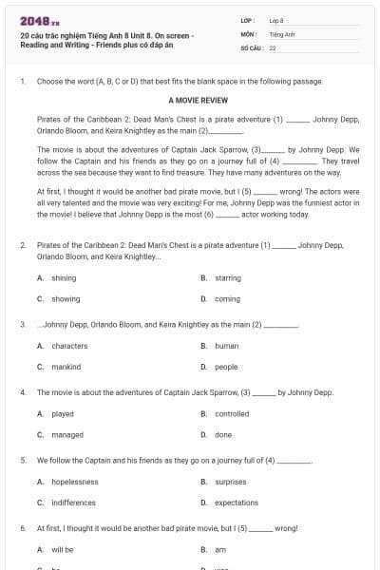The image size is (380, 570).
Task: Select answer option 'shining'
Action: (64, 277)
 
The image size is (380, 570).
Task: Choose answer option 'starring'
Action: (227, 277)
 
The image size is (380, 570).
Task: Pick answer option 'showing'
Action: (65, 298)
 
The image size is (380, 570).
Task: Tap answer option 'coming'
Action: (226, 298)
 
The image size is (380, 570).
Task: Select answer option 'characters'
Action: (69, 346)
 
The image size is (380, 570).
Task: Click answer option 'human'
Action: (226, 346)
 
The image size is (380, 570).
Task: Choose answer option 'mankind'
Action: (66, 367)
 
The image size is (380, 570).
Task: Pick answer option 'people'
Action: (226, 367)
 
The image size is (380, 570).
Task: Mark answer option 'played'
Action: (63, 414)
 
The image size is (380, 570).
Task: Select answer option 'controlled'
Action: (232, 414)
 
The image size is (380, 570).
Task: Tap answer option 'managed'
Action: (66, 434)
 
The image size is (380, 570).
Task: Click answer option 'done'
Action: (223, 434)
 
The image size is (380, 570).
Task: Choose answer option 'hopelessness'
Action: (75, 482)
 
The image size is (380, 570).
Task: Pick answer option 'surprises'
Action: (231, 482)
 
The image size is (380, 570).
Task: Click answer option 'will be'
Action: (63, 550)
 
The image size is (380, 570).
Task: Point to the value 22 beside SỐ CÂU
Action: (273, 47)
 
